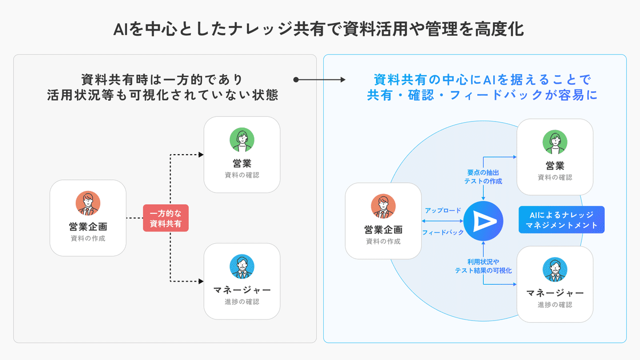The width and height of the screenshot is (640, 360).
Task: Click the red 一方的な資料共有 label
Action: tap(165, 218)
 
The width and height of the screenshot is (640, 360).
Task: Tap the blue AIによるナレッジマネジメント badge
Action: tap(562, 220)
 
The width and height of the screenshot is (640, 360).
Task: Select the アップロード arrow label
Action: tap(443, 211)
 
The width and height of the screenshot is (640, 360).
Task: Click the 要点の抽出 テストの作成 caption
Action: tap(483, 177)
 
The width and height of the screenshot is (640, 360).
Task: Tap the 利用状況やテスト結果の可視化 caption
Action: tap(483, 266)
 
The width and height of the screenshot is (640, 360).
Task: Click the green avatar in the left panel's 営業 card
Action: tap(242, 140)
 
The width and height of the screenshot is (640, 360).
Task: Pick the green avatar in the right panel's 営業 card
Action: tap(555, 142)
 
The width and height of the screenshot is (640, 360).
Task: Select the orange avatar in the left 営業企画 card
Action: tap(88, 203)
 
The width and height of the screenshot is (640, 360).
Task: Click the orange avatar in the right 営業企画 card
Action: tap(383, 206)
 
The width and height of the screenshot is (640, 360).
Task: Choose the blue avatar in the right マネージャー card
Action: tap(555, 270)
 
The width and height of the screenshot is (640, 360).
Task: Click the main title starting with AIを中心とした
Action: tap(319, 29)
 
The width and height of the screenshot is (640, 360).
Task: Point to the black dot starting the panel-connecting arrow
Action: tap(296, 80)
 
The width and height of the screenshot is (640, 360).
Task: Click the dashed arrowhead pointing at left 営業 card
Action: tap(201, 155)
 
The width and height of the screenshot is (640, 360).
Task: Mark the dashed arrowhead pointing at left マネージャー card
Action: tap(201, 281)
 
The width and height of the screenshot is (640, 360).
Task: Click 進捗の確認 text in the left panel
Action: tap(242, 302)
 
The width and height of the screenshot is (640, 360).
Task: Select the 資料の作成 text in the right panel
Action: tap(383, 241)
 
